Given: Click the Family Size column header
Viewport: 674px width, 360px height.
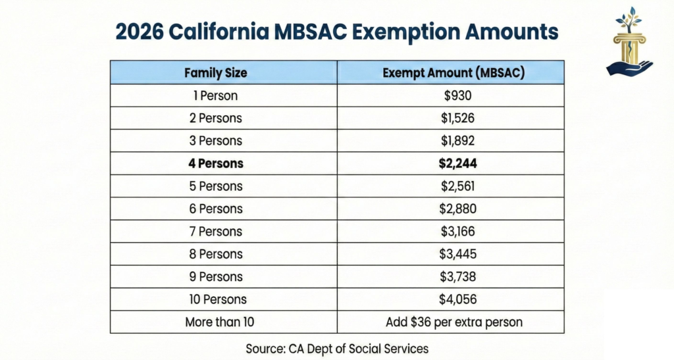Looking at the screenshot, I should [215, 72].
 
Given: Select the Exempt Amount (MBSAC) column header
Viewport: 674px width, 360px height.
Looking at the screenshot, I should [453, 72].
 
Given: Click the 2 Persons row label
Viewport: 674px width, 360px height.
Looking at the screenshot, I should [215, 118].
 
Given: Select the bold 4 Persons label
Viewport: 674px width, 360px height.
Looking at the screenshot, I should [215, 163].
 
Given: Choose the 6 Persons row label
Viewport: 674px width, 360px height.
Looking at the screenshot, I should [215, 209].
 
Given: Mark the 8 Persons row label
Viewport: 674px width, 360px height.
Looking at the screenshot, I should [215, 254].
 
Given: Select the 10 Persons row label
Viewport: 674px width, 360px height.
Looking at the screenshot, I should [215, 299].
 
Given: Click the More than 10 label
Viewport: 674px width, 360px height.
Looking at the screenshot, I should [215, 322].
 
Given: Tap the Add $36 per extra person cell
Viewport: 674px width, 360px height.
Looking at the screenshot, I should [453, 322].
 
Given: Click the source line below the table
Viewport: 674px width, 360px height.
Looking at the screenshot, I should [337, 347].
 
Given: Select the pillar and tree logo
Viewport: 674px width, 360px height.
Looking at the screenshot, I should [629, 41].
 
